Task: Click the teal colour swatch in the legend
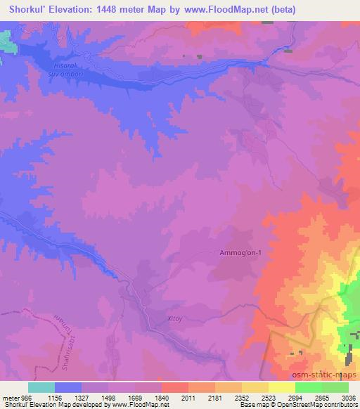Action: coord(41,387)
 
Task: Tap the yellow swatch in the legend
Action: coord(282,387)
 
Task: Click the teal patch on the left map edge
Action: coord(6,41)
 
